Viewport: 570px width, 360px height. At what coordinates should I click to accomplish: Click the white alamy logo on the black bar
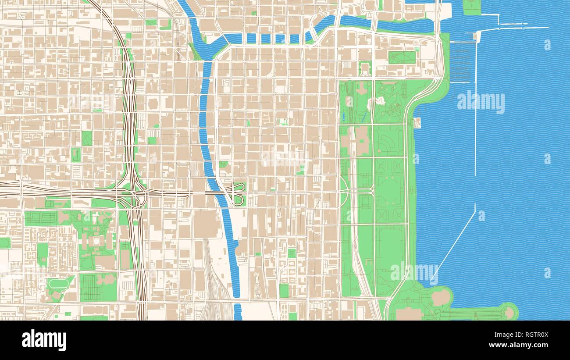pyautogui.click(x=44, y=340)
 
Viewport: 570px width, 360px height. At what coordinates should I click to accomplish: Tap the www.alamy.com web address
pyautogui.click(x=522, y=346)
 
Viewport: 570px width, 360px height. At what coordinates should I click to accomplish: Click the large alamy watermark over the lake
pyautogui.click(x=481, y=102)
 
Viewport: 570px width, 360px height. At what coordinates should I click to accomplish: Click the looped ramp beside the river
pyautogui.click(x=237, y=193)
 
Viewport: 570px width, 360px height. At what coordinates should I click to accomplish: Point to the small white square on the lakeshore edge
pyautogui.click(x=417, y=122)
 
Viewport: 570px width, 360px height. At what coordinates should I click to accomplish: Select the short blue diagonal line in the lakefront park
pyautogui.click(x=363, y=117)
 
